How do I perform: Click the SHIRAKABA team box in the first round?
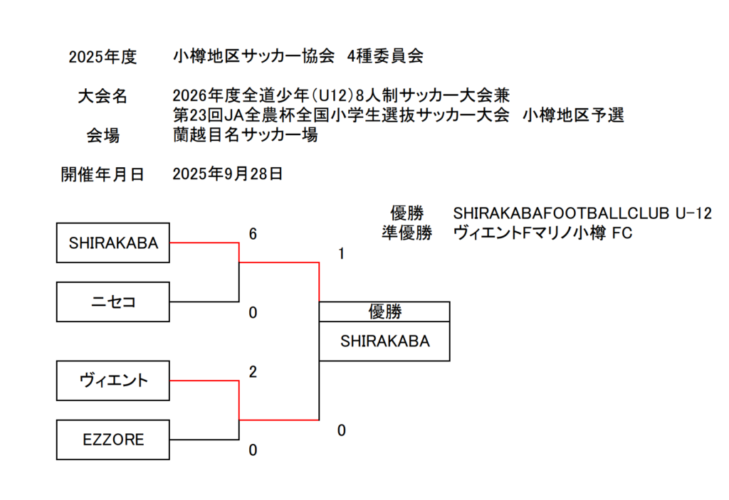[113, 243]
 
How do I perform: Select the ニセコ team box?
[113, 302]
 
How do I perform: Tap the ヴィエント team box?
[113, 381]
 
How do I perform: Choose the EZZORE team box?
[113, 440]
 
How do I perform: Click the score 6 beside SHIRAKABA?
[253, 235]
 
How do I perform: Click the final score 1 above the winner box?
[342, 254]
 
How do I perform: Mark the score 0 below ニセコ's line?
[253, 313]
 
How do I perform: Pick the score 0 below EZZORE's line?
[253, 450]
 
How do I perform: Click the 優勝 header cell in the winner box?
[384, 312]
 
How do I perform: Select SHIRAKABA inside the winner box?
[384, 341]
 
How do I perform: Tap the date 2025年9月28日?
[228, 174]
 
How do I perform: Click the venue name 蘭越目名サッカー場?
[245, 135]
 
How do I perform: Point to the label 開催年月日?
[103, 175]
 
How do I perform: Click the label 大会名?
[103, 97]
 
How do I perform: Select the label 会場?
[103, 136]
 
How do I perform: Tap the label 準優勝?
[407, 233]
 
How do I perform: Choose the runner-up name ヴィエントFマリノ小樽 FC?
[542, 233]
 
